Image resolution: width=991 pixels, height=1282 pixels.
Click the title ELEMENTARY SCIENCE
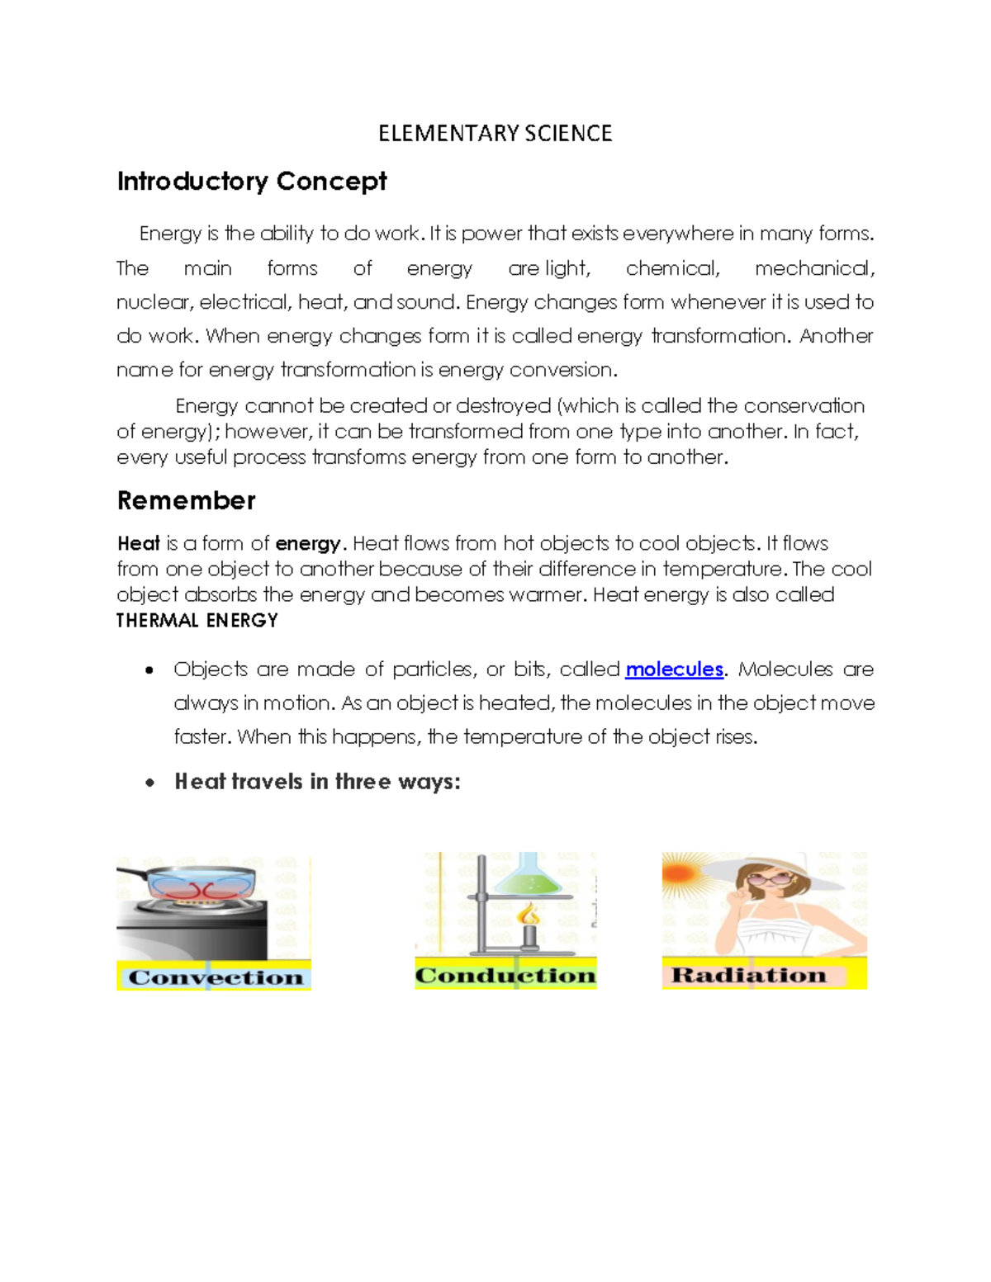(495, 134)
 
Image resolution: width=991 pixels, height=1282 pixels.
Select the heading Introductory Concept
(251, 182)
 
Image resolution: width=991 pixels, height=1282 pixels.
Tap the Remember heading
(186, 500)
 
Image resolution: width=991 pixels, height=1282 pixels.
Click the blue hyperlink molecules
(674, 669)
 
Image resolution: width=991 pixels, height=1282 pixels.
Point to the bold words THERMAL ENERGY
(197, 621)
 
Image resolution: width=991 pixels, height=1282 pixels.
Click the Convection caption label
(215, 977)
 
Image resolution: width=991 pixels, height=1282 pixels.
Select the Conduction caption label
(505, 976)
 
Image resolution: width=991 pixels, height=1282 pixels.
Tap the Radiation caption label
(748, 975)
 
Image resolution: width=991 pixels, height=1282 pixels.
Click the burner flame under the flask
(529, 915)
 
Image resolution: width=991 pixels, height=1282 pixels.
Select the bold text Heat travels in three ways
(317, 782)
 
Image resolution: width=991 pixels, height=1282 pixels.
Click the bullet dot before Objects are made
(149, 670)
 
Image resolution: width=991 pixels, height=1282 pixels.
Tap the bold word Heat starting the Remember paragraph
(138, 544)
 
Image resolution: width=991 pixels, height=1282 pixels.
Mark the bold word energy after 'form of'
(307, 544)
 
